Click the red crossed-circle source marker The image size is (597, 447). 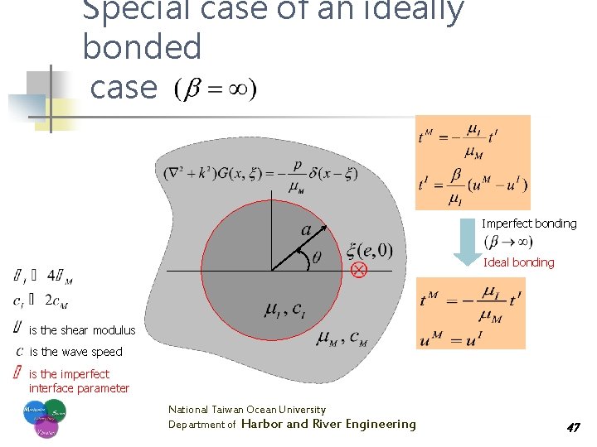click(359, 271)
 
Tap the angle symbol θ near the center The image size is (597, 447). click(316, 259)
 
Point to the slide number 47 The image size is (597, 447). click(572, 427)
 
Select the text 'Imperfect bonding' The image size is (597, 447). click(529, 223)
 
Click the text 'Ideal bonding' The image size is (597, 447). click(518, 262)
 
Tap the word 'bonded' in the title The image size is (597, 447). click(142, 48)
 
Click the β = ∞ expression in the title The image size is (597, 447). click(215, 88)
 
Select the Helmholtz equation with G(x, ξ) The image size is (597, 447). click(262, 176)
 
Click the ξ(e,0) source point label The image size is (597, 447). click(370, 249)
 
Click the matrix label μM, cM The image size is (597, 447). click(342, 338)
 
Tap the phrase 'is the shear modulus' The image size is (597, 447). click(82, 330)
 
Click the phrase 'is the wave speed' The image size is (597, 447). click(75, 352)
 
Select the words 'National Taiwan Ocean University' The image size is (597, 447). click(247, 410)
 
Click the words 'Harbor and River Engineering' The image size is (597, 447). click(328, 424)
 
